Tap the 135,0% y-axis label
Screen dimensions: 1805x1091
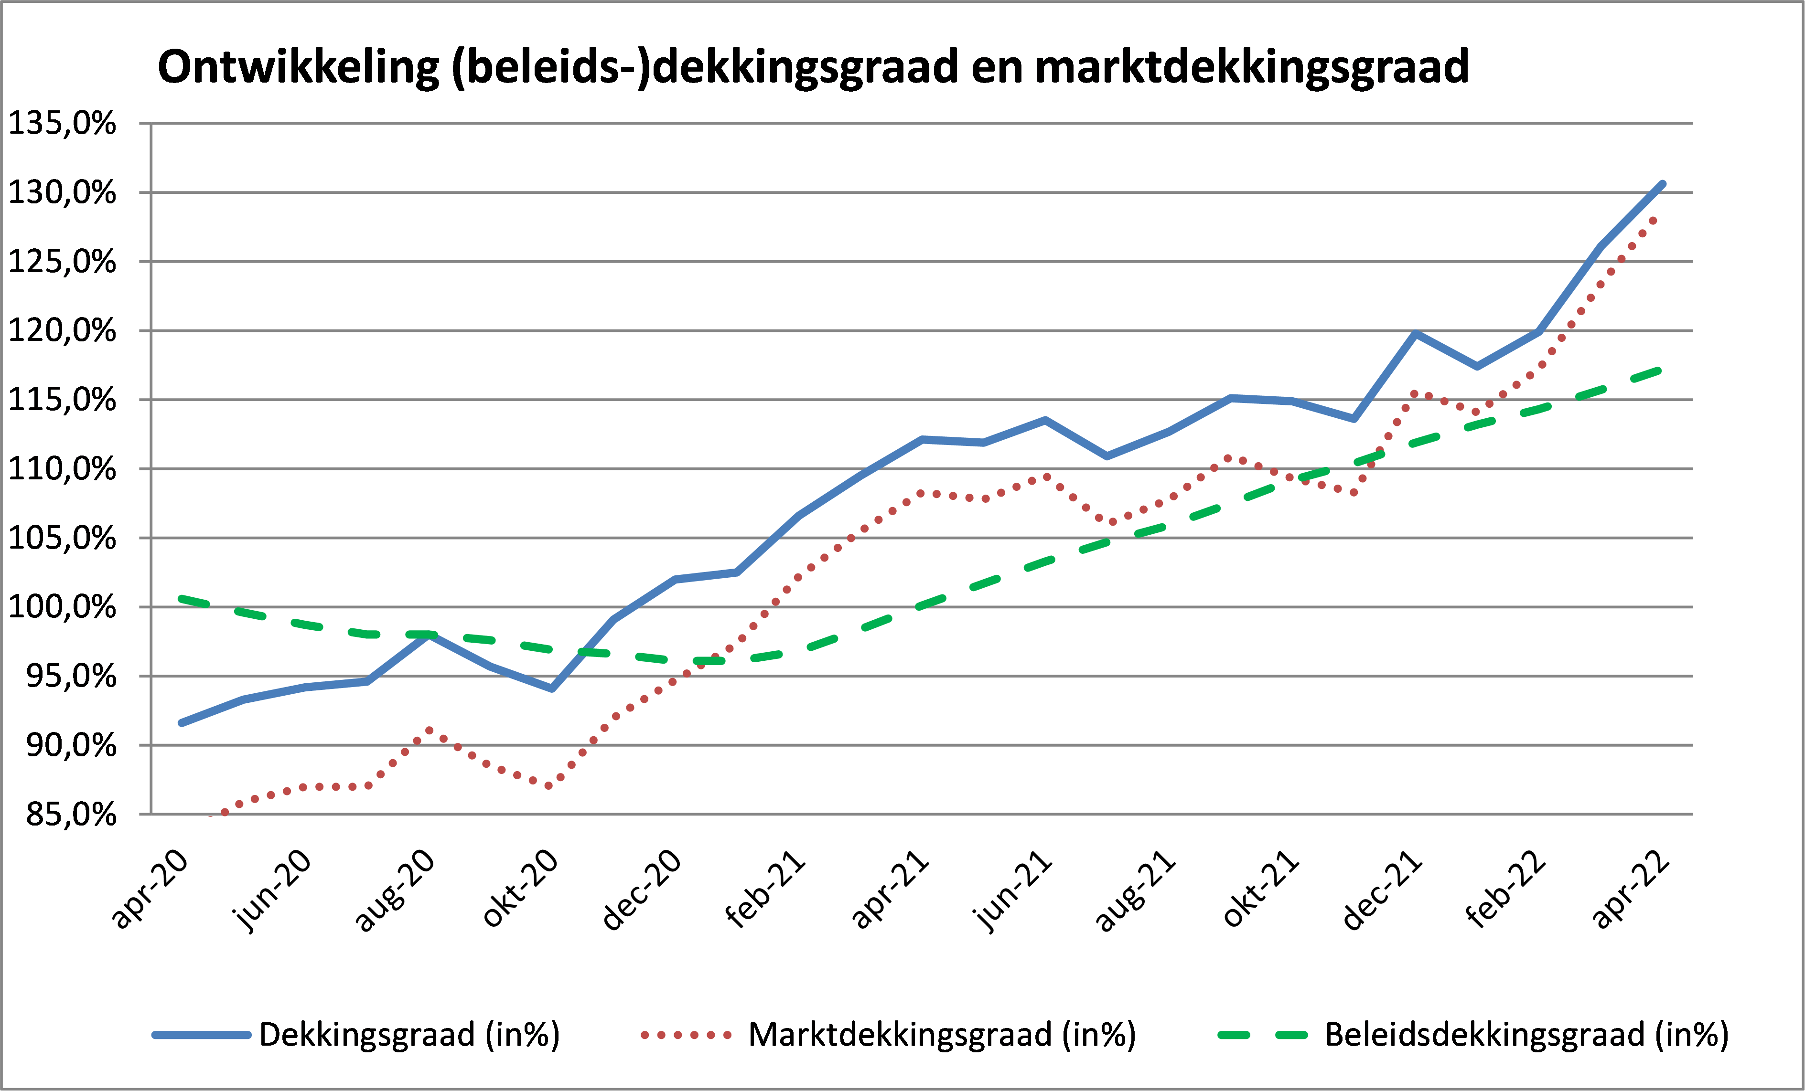62,123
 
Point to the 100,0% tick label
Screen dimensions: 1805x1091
62,607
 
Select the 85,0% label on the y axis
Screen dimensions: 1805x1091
71,814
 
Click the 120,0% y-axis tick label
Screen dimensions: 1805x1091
62,330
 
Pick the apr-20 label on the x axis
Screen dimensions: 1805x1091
150,890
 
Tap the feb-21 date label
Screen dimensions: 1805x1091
765,890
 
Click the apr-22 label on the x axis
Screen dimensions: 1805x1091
1631,890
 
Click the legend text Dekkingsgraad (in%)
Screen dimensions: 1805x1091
409,1035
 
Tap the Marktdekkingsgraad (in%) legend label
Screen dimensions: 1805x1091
942,1035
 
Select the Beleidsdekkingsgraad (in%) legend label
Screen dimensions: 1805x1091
1527,1035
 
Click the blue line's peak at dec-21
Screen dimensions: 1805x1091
1415,334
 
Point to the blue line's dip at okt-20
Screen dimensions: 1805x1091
552,688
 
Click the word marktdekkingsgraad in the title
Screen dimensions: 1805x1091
1253,69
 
